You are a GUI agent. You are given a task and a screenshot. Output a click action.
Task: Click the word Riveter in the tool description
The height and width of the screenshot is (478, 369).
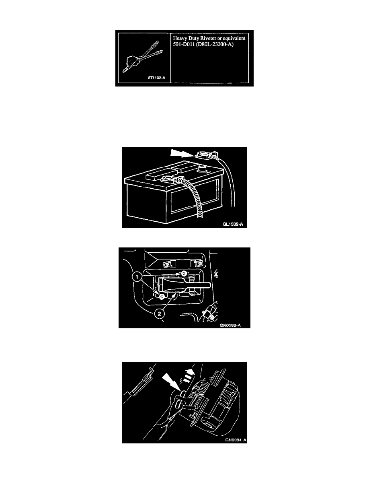tap(208, 38)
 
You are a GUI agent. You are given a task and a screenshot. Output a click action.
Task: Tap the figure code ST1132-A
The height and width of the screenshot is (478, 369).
tap(156, 78)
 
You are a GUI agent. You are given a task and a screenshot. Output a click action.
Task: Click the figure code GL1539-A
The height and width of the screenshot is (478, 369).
tap(233, 225)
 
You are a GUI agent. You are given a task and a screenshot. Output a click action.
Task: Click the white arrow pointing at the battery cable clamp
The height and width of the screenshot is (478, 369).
tap(181, 153)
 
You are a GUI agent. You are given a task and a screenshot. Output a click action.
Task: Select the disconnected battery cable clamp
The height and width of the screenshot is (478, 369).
tap(207, 155)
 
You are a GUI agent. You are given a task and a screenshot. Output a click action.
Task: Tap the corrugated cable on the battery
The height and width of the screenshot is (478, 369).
tap(192, 195)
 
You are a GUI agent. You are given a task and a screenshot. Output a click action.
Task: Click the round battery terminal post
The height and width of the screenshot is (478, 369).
tap(201, 168)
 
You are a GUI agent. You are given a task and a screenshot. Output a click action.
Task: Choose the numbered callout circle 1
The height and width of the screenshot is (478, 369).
tap(137, 277)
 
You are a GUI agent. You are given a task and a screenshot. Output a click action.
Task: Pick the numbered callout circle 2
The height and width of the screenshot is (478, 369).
tap(160, 313)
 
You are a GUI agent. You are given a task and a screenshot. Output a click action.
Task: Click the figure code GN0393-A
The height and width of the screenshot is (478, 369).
tap(230, 325)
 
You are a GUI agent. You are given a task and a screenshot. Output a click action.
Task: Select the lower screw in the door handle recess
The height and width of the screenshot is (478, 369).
tap(162, 296)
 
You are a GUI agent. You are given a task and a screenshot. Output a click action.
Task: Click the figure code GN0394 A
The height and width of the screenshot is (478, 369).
tap(236, 440)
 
